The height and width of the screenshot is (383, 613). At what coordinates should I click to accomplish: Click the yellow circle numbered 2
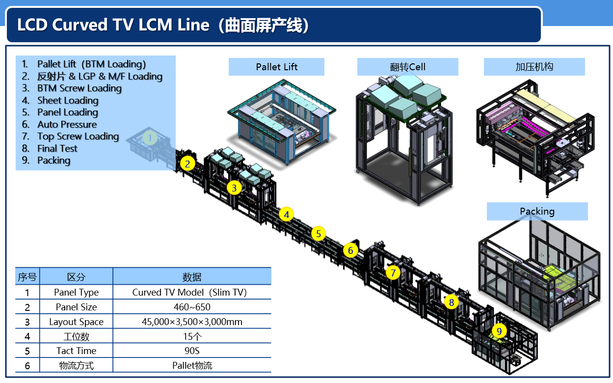point(187,164)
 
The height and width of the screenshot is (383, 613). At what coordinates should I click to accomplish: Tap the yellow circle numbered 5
point(319,234)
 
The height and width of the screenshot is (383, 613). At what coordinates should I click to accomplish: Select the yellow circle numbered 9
point(499,331)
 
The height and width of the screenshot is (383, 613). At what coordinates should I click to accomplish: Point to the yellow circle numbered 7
point(393,273)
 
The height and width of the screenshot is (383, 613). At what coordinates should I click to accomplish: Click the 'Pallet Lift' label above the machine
point(276,67)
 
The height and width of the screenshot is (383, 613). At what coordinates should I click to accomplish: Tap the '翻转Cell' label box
point(407,67)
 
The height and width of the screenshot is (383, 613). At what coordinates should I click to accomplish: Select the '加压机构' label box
point(534,67)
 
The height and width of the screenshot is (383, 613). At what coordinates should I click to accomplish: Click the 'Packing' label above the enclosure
point(537,212)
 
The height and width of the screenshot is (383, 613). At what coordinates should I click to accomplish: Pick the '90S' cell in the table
point(192,351)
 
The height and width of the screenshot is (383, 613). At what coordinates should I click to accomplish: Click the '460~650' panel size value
point(192,307)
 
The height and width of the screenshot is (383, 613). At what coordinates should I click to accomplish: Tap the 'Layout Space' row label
point(76,322)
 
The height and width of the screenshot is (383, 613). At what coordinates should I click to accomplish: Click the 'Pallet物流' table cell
point(192,365)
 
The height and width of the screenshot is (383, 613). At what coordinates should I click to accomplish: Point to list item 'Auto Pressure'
point(67,124)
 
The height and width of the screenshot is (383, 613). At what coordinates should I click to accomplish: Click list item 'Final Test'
point(57,148)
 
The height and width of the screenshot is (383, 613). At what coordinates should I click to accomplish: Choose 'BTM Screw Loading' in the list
point(79,88)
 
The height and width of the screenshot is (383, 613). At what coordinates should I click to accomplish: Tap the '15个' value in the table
point(192,336)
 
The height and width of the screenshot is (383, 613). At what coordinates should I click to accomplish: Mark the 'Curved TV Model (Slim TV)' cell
point(189,292)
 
